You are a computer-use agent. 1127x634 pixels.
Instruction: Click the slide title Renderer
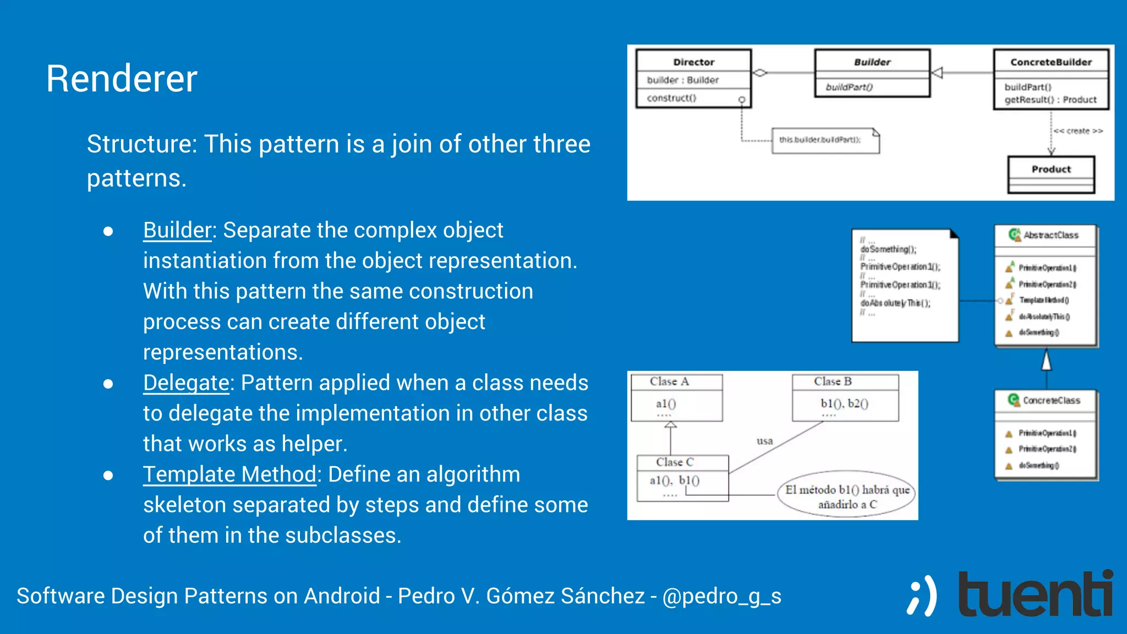[121, 79]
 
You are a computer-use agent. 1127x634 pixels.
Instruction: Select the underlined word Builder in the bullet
[177, 230]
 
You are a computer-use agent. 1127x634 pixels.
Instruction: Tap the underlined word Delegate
[186, 383]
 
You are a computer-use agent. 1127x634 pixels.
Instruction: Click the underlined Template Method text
[229, 474]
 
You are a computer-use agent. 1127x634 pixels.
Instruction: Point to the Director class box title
[693, 62]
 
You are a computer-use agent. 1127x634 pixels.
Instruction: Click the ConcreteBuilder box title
[1051, 62]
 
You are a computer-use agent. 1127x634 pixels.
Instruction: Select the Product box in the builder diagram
[1051, 174]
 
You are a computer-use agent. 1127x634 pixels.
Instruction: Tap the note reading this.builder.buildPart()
[824, 140]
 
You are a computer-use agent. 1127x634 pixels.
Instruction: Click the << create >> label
[1078, 131]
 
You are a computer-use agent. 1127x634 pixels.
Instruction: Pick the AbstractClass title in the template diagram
[1050, 236]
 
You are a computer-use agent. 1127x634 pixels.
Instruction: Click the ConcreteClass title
[1051, 401]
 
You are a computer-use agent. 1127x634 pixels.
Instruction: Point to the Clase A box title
[669, 381]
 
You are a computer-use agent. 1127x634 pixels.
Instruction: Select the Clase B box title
[833, 381]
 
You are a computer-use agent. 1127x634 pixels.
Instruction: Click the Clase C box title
[675, 462]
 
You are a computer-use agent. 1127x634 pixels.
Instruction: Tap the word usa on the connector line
[764, 441]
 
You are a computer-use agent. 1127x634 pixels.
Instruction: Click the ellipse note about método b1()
[847, 496]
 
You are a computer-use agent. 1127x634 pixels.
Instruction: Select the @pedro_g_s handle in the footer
[721, 596]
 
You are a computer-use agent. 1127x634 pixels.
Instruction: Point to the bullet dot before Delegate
[108, 384]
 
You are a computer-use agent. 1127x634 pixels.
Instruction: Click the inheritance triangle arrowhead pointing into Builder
[937, 73]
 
